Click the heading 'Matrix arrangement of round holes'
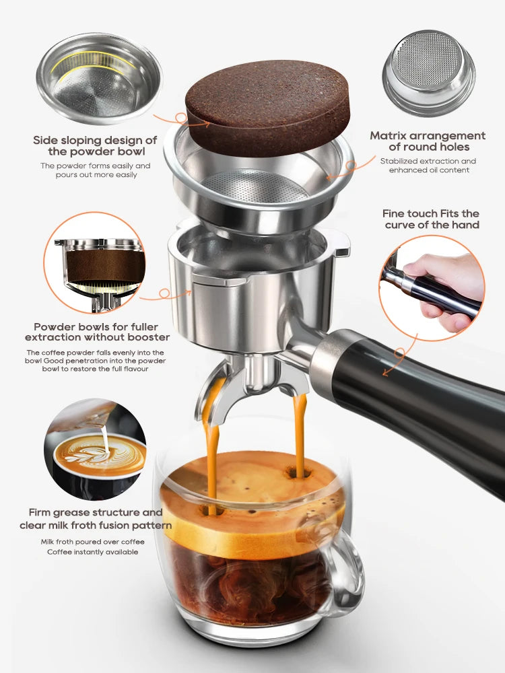428,141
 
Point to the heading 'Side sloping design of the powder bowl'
95,146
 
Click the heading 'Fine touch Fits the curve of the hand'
432,219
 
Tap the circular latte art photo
95,448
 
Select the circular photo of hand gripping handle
431,287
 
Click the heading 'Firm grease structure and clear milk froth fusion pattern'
95,519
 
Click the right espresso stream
300,431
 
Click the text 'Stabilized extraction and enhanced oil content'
428,166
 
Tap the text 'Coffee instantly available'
92,552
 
